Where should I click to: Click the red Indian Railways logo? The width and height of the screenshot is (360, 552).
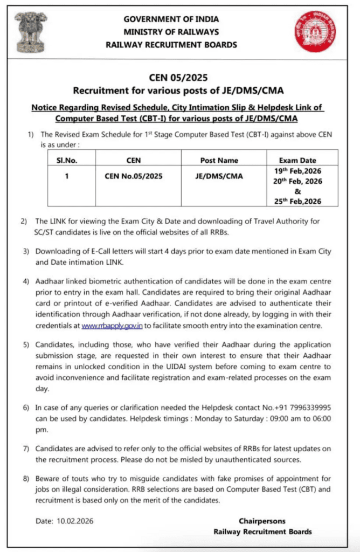coord(314,31)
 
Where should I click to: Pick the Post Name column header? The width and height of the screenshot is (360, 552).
coord(219,160)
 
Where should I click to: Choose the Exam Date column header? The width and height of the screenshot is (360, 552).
coord(297,160)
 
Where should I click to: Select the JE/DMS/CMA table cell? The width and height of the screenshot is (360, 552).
coord(219,176)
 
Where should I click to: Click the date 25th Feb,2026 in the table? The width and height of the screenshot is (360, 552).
coord(297,201)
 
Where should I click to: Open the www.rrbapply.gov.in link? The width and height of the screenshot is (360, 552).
coord(112,326)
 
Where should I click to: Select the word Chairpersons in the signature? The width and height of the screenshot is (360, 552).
coord(262,521)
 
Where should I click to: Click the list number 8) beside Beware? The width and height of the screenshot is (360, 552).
coord(24,479)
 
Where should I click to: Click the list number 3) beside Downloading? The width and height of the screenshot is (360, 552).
coord(24,252)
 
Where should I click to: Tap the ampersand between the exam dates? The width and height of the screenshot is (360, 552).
coord(297,191)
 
